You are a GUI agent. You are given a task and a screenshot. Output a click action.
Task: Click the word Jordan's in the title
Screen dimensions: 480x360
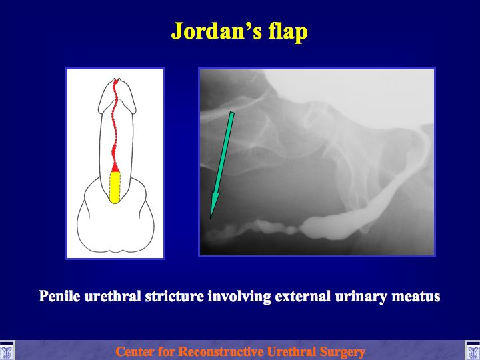tap(217, 31)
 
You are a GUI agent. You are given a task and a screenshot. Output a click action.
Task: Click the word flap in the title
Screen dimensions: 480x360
tap(288, 32)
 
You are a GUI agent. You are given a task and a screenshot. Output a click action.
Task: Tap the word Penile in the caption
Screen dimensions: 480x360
tap(59, 296)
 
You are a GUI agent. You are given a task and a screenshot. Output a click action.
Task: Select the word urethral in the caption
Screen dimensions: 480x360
tap(113, 296)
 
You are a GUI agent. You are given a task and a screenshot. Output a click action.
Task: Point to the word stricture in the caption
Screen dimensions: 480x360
tap(175, 296)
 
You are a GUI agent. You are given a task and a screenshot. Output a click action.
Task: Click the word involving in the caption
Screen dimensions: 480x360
tap(239, 297)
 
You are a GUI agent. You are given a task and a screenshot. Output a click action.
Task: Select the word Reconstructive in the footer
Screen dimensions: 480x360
tap(220, 351)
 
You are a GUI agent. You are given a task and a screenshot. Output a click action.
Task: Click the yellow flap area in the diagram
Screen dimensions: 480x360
tap(115, 187)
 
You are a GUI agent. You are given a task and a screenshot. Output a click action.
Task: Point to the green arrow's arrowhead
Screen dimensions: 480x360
tap(214, 206)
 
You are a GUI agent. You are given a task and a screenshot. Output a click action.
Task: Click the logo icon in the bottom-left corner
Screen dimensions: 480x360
tap(7, 351)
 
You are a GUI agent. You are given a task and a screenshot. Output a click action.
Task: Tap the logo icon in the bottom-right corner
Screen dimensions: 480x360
tap(473, 351)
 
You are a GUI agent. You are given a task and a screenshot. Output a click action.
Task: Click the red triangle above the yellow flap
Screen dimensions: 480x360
tap(115, 168)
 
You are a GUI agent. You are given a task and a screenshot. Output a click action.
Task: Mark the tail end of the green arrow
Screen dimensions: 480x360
tap(232, 113)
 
